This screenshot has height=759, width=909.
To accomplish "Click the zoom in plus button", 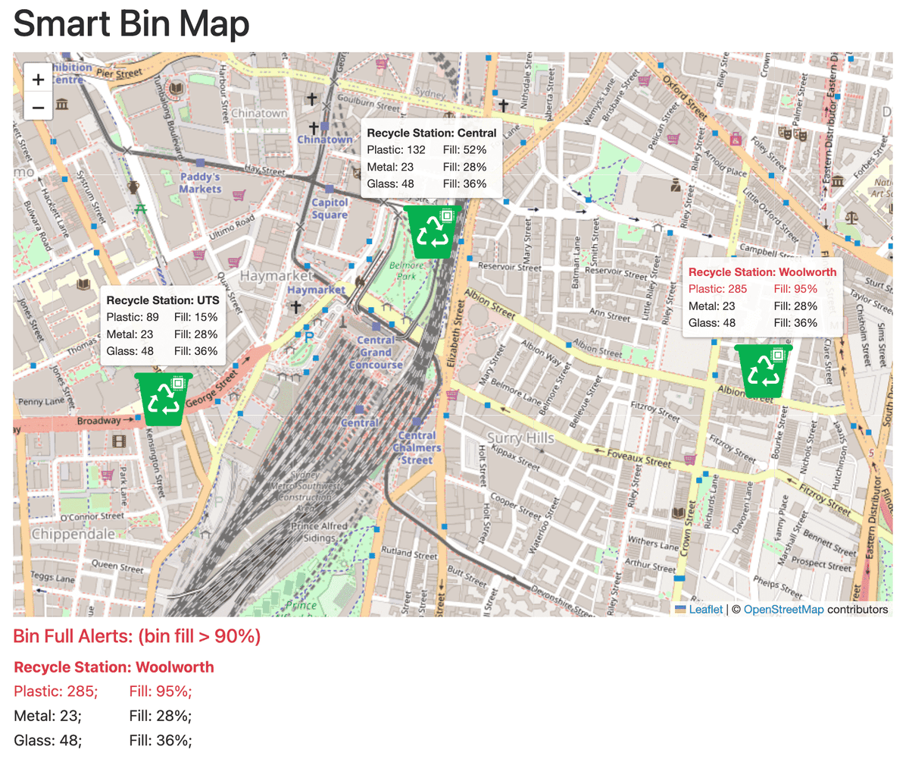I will pos(39,79).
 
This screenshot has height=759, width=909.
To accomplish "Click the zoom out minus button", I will pos(39,107).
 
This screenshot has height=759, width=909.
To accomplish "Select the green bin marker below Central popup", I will pos(433,231).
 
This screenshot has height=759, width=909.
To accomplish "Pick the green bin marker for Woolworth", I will pos(763,371).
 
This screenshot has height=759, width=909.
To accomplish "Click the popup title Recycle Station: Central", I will pos(431,133).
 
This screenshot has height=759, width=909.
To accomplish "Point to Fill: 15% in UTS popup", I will pos(195,317).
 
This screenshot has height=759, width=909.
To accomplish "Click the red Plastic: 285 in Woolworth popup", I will pos(717,289).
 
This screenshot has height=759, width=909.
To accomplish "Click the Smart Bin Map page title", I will pos(132,24).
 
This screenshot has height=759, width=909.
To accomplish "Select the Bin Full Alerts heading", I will pos(137,637).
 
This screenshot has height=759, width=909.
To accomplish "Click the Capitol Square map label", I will pos(330,209).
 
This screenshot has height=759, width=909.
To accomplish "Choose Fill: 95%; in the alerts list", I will pos(161,692).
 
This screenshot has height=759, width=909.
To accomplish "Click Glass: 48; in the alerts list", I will pos(48,740).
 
